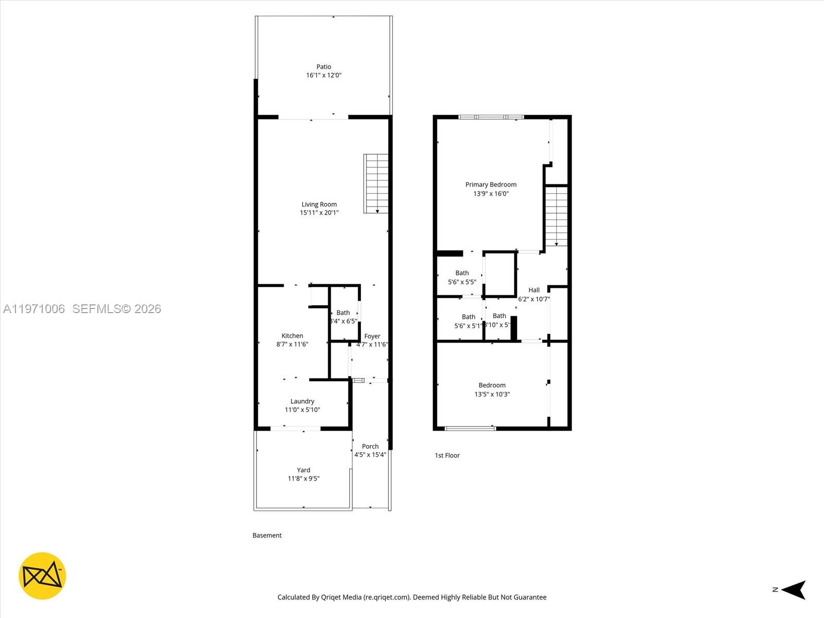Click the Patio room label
click(x=323, y=67)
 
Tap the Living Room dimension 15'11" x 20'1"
click(x=319, y=213)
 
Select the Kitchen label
click(x=292, y=336)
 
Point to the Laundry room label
click(x=302, y=401)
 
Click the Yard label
click(x=303, y=470)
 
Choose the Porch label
click(x=370, y=447)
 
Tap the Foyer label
click(x=372, y=336)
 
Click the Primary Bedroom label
click(x=491, y=184)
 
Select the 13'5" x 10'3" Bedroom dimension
click(x=492, y=394)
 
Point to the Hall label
click(x=534, y=290)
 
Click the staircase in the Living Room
click(x=376, y=183)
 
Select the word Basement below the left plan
click(x=267, y=536)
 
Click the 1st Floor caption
click(x=447, y=455)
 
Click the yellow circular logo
click(x=42, y=576)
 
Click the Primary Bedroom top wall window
click(x=491, y=117)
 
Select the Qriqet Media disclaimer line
click(x=412, y=597)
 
